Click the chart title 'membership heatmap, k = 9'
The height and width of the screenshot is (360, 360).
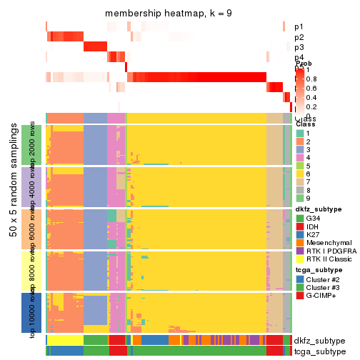pos(169,14)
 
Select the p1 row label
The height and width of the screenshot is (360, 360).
pos(299,27)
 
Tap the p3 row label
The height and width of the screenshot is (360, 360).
pos(299,47)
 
